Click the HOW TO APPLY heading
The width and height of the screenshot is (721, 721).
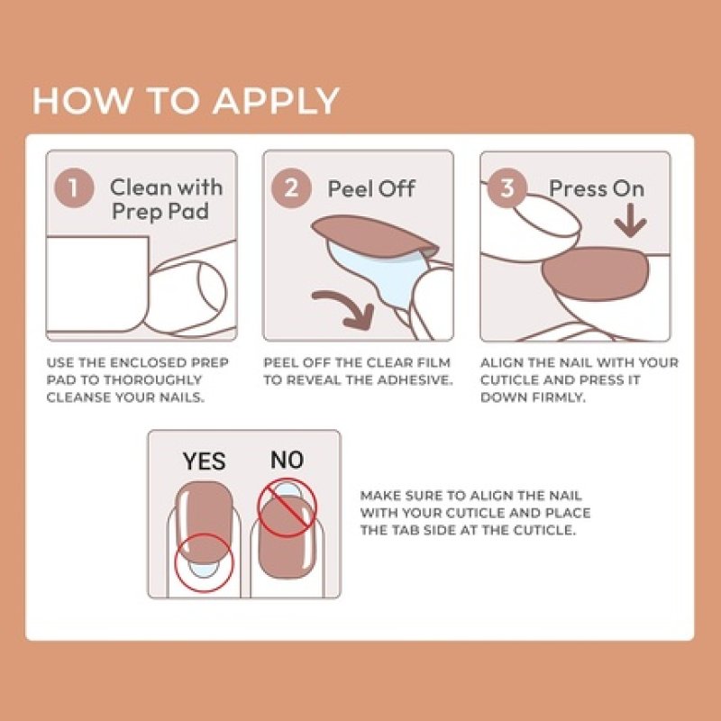(186, 100)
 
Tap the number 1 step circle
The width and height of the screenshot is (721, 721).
(75, 188)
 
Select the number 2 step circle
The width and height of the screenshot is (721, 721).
(291, 188)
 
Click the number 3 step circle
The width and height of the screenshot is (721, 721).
(507, 188)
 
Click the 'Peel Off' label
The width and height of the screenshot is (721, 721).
(370, 189)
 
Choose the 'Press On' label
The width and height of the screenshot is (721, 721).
(597, 188)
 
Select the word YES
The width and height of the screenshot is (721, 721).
(204, 461)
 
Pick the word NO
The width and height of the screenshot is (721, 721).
(287, 461)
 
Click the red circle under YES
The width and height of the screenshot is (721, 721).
(204, 565)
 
